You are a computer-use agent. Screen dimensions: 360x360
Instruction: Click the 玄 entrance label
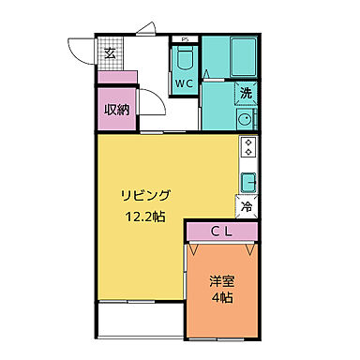point(110,52)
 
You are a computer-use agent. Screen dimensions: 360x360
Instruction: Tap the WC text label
point(183,82)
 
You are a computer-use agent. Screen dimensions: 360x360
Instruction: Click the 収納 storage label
point(116,109)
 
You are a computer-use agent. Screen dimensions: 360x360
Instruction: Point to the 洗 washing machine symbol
point(246,93)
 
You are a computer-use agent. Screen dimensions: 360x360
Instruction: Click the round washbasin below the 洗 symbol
point(246,119)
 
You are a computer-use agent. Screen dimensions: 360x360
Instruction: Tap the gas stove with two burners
point(248,147)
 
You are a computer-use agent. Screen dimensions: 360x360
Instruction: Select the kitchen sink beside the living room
point(249,181)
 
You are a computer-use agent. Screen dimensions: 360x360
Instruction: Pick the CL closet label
point(221,232)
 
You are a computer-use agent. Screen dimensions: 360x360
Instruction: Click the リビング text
point(143,195)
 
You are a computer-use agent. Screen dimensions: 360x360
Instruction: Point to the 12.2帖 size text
point(144,216)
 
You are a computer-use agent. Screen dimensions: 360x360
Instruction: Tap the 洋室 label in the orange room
point(221,279)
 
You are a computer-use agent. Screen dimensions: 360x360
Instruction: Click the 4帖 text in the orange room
point(222,298)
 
